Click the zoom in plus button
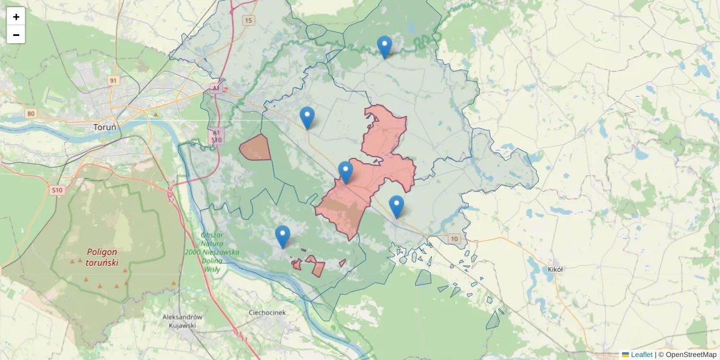click(x=16, y=17)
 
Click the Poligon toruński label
click(x=102, y=257)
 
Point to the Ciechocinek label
click(x=268, y=313)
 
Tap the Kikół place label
click(x=555, y=269)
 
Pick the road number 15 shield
click(x=248, y=20)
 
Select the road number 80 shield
click(x=31, y=113)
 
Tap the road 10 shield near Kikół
click(x=455, y=239)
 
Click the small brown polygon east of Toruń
click(x=256, y=148)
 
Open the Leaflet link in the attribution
click(x=641, y=355)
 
